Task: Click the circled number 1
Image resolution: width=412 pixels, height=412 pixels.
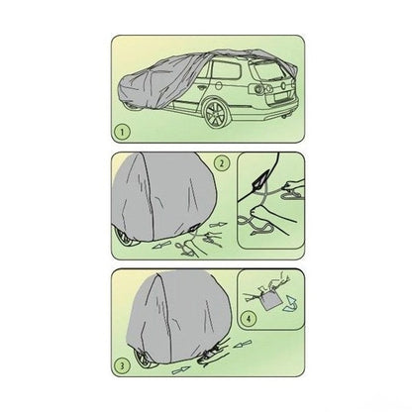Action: (123, 133)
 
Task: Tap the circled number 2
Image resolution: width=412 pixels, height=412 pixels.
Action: (222, 162)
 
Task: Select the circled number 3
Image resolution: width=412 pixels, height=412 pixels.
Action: (122, 365)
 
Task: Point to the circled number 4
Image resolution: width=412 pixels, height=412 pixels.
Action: (249, 319)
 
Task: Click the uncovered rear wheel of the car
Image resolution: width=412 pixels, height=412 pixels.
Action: (216, 114)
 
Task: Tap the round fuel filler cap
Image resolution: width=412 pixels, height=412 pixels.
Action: (218, 85)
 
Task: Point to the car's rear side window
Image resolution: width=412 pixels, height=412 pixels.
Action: (226, 70)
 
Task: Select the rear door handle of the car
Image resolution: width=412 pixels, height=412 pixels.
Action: (202, 88)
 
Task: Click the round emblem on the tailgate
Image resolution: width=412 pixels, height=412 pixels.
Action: (282, 86)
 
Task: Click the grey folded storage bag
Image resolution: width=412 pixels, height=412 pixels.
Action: (269, 300)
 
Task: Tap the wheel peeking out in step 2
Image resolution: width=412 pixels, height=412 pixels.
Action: (126, 239)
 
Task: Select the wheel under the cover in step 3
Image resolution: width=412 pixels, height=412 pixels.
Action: (146, 360)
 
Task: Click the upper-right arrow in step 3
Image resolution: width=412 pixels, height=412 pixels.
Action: (242, 346)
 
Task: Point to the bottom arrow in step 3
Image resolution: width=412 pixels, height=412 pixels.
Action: (181, 370)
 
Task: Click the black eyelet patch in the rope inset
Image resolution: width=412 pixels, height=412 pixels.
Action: (259, 181)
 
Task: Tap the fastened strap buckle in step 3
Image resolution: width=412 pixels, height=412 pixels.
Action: (211, 356)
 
